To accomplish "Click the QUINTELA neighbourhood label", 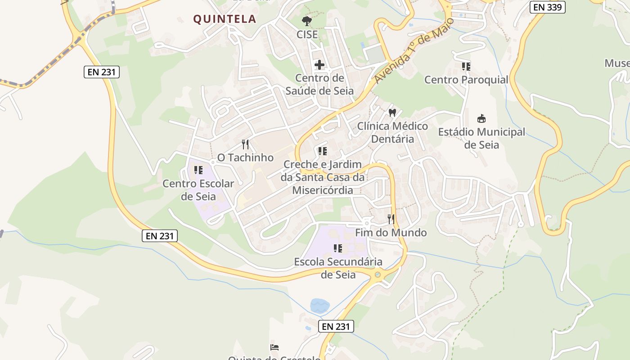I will (x=225, y=19).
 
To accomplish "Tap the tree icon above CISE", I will (x=307, y=21).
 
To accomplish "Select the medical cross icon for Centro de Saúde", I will (x=319, y=65).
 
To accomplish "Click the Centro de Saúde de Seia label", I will (x=319, y=85).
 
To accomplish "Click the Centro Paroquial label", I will (x=466, y=80).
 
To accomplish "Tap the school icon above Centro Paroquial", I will (x=466, y=67).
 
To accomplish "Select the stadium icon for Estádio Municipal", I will (x=481, y=119).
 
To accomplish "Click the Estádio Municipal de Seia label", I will (x=481, y=139).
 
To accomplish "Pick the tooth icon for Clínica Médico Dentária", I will (x=392, y=112).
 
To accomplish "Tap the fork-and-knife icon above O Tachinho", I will (x=245, y=144).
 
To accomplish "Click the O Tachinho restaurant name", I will (x=245, y=157).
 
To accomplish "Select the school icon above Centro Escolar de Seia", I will (x=198, y=170).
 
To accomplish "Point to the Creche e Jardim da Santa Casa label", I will (x=322, y=177).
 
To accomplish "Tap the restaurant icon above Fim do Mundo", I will (x=391, y=219).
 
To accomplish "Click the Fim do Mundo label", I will (x=391, y=233).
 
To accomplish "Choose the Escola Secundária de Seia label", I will (x=338, y=268).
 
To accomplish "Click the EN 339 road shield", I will (x=547, y=7).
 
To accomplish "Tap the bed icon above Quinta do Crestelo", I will (x=274, y=347).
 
